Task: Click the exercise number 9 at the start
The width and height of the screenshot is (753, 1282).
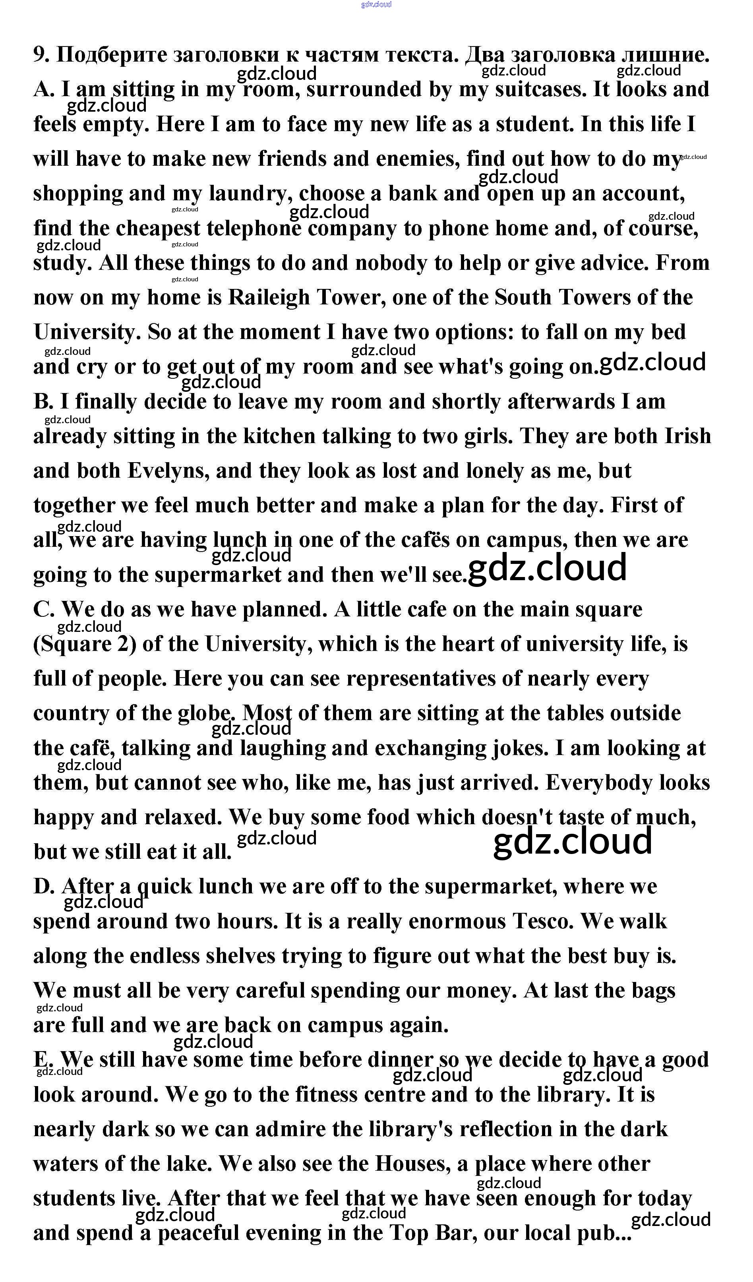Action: [x=40, y=54]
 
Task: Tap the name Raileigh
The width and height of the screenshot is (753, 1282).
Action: [x=269, y=298]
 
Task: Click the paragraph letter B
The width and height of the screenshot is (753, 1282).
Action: [x=43, y=402]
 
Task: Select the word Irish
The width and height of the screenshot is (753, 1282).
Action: [x=687, y=436]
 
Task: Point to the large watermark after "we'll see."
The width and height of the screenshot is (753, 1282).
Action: [x=547, y=568]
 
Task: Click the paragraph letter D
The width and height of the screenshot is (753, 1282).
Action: [x=43, y=887]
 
